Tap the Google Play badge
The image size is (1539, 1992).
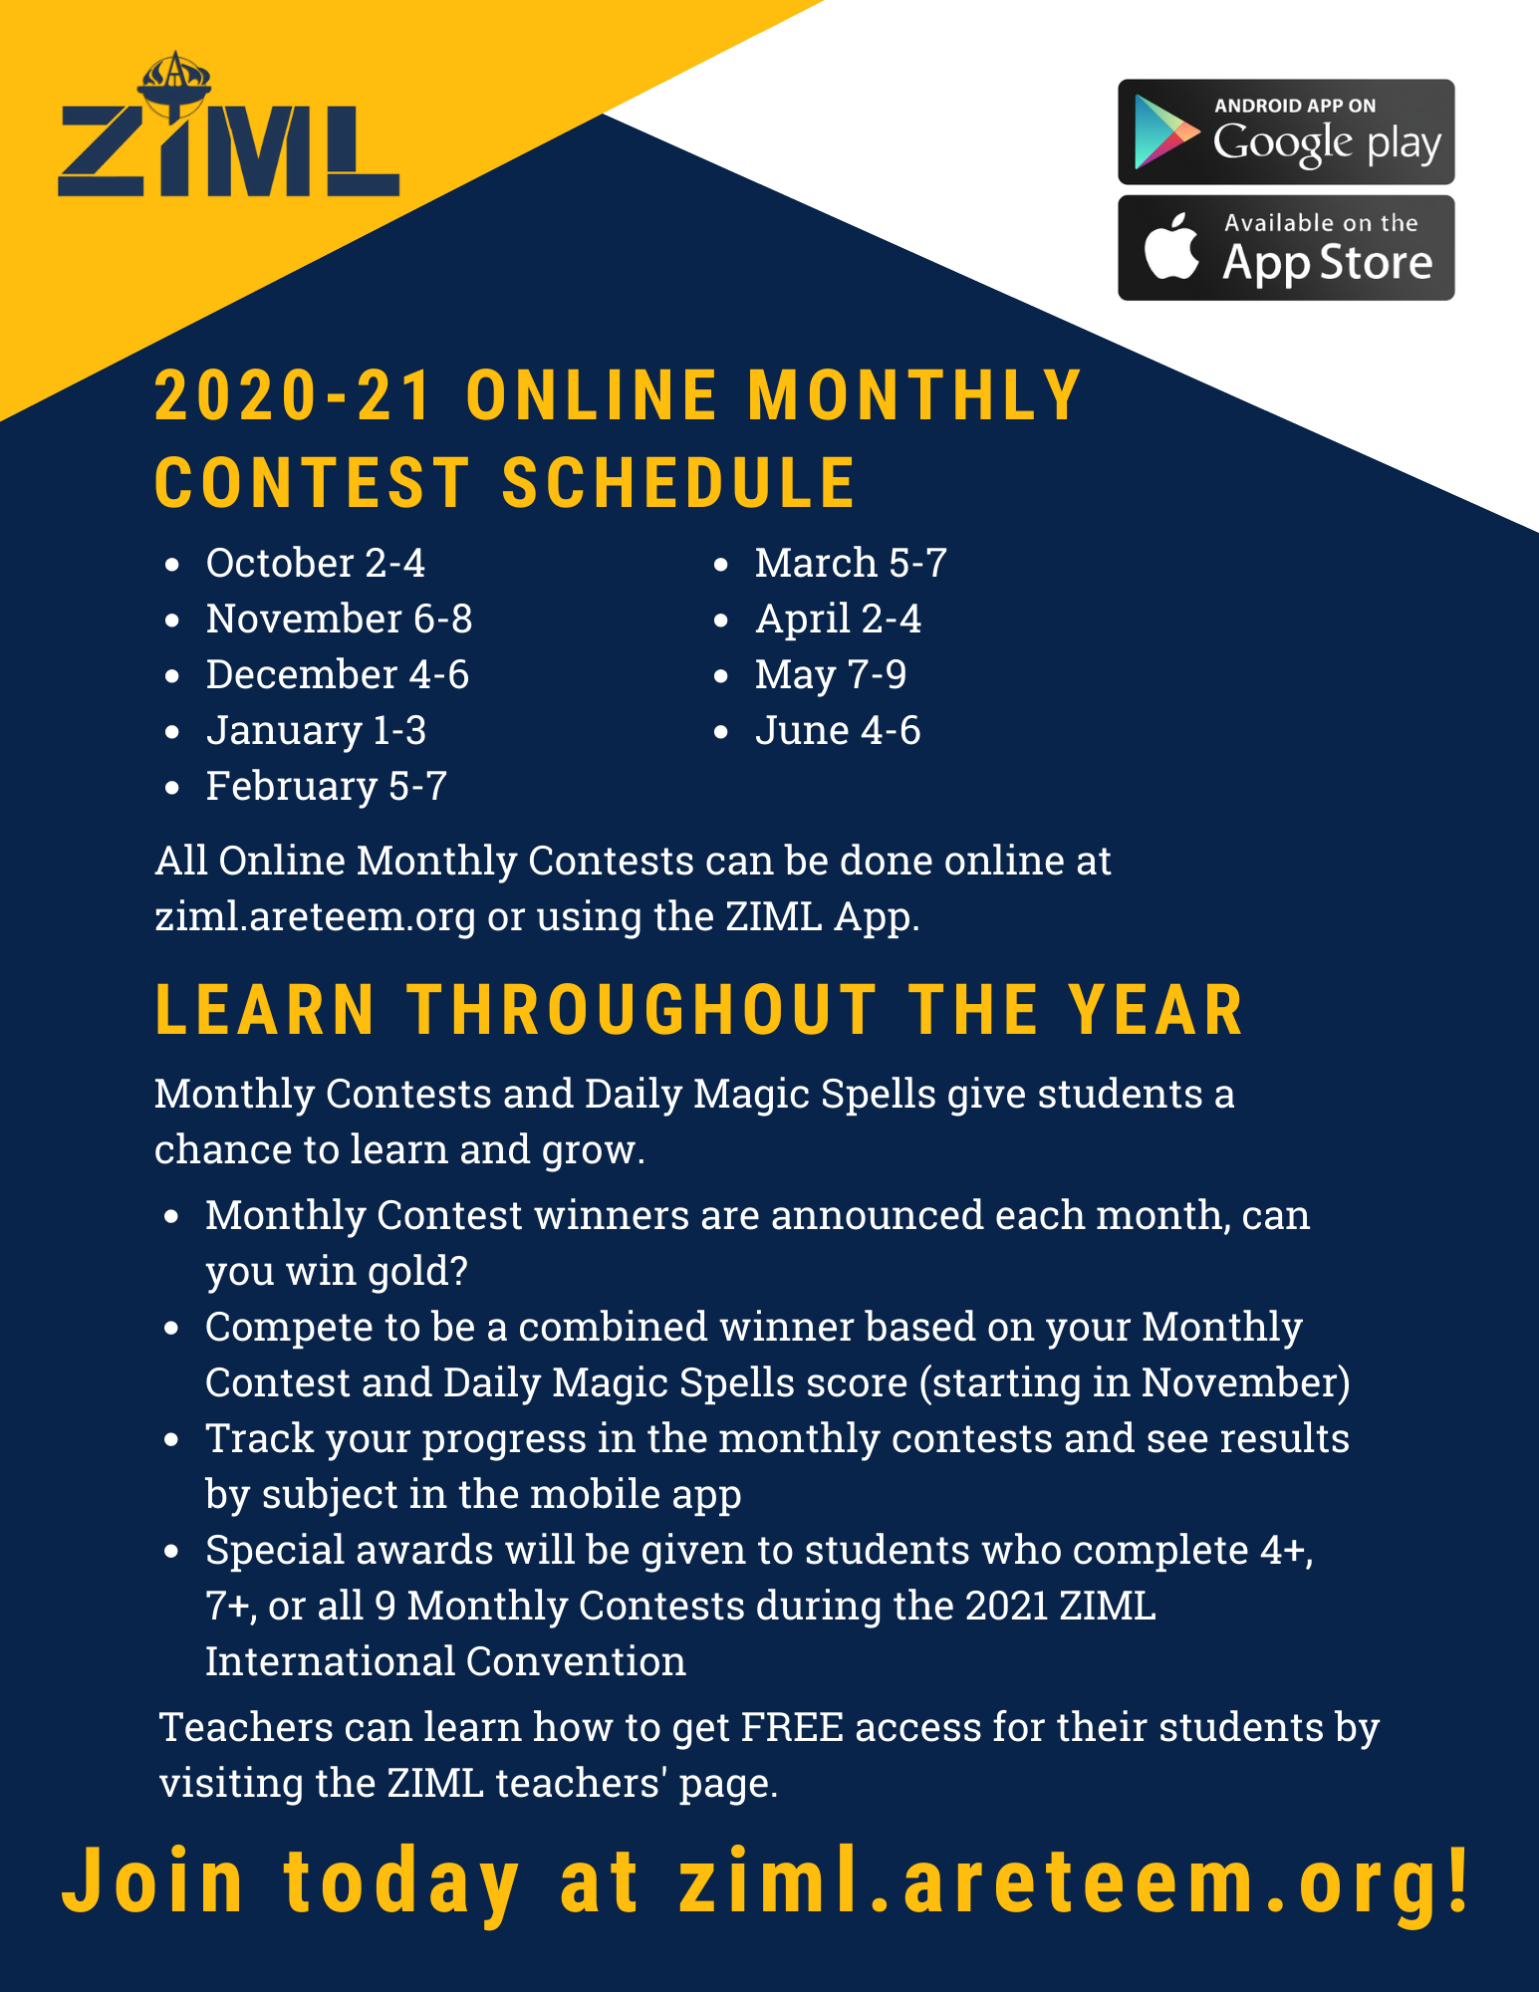[x=1286, y=132]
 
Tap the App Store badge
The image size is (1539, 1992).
[x=1286, y=248]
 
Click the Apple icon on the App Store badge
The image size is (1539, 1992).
[x=1171, y=246]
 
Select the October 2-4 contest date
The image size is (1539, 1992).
[x=316, y=563]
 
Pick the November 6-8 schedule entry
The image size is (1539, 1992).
[x=339, y=619]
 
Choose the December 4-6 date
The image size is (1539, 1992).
[x=338, y=674]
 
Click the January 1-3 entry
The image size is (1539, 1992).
[x=316, y=731]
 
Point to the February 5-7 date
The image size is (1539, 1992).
[x=327, y=787]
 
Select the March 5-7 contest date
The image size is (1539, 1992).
[x=851, y=563]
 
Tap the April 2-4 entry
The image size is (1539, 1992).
[x=838, y=620]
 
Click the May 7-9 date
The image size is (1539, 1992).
[x=831, y=675]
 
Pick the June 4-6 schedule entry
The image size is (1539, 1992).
[x=838, y=730]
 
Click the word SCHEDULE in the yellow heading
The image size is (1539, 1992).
[x=678, y=483]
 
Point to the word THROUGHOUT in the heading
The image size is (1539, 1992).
[x=642, y=1010]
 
